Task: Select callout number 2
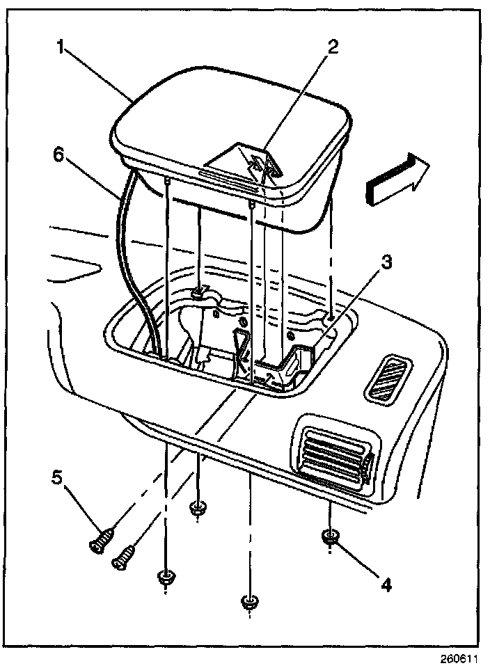[x=333, y=47]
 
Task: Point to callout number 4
[x=384, y=583]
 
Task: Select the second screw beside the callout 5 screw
[x=123, y=557]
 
